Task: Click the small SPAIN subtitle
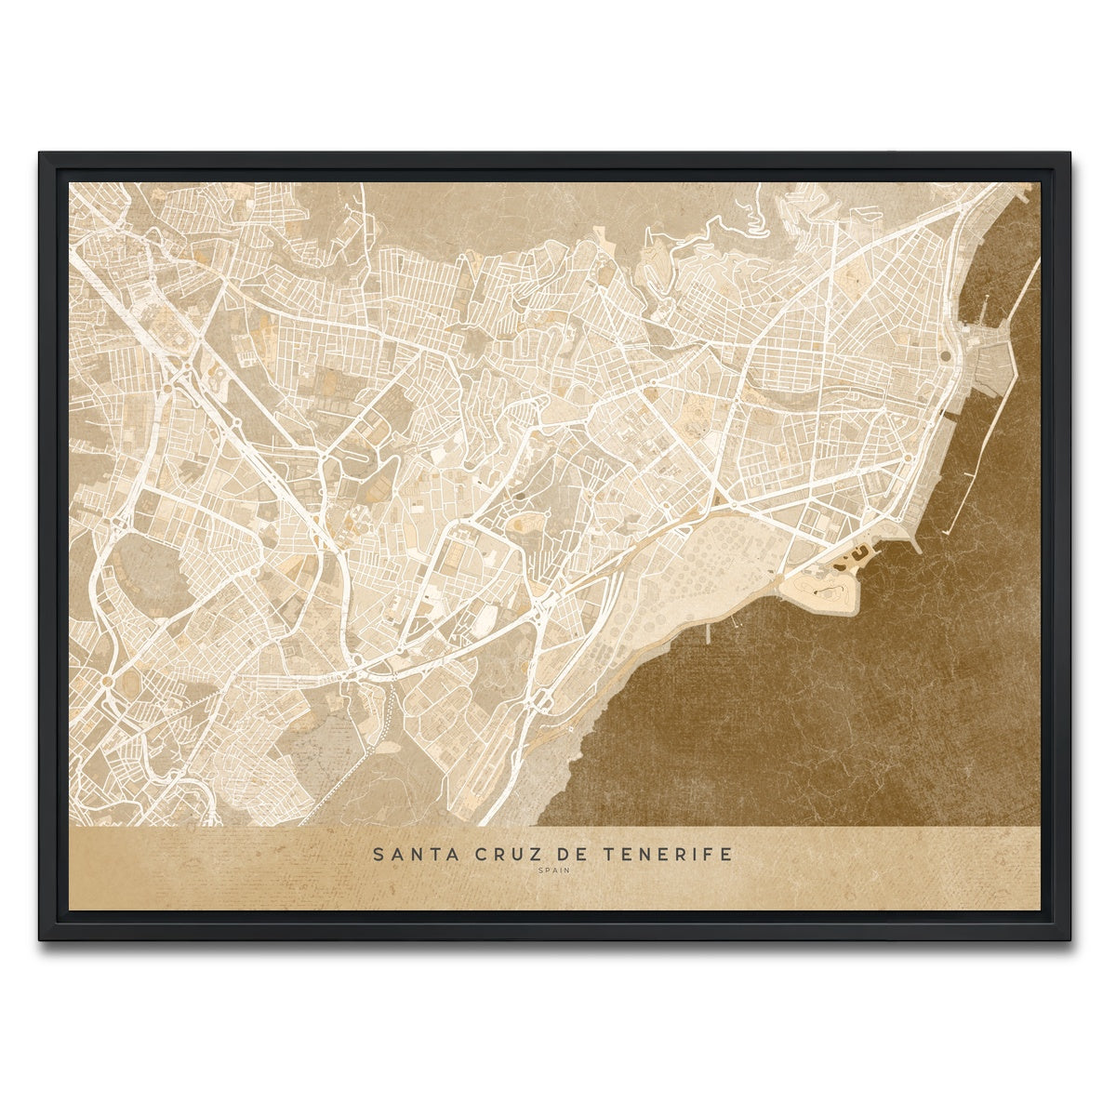553,871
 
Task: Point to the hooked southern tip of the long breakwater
949,530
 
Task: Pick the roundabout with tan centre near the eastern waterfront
906,458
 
